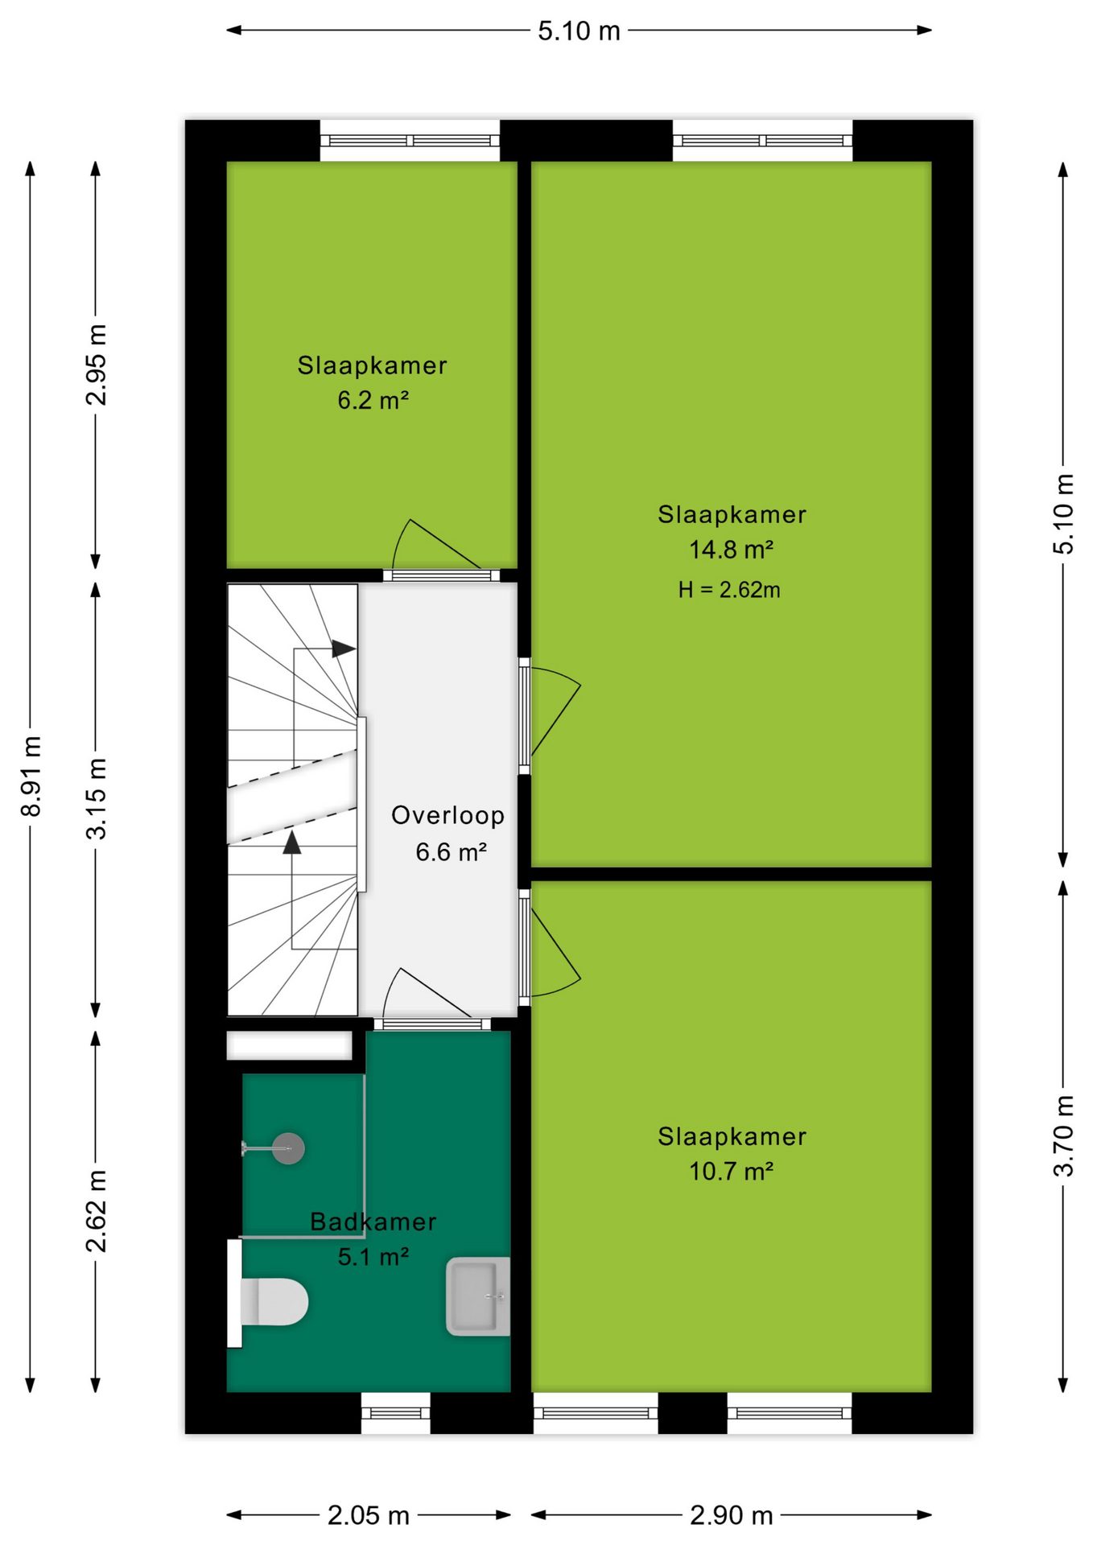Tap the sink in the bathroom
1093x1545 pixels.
pyautogui.click(x=478, y=1296)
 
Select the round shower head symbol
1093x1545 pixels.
pyautogui.click(x=287, y=1148)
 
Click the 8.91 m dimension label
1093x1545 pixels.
pyautogui.click(x=31, y=776)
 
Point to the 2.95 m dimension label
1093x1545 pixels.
pyautogui.click(x=96, y=365)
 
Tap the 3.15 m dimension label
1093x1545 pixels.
pyautogui.click(x=96, y=798)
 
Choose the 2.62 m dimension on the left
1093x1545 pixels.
pyautogui.click(x=96, y=1211)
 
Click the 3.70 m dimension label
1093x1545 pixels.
pyautogui.click(x=1063, y=1135)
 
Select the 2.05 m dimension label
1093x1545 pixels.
pyautogui.click(x=369, y=1515)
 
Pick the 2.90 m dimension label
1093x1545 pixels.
pyautogui.click(x=732, y=1515)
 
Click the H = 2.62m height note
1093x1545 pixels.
pyautogui.click(x=729, y=590)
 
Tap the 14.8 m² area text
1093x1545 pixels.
pyautogui.click(x=731, y=550)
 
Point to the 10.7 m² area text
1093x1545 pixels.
pyautogui.click(x=731, y=1171)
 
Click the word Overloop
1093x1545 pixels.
pyautogui.click(x=448, y=815)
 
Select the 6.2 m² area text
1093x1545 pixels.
pyautogui.click(x=373, y=400)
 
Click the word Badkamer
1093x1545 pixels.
pyautogui.click(x=373, y=1222)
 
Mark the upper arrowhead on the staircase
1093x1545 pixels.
pyautogui.click(x=344, y=649)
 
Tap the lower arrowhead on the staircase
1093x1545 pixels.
pyautogui.click(x=292, y=842)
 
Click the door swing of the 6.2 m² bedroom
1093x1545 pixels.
pyautogui.click(x=435, y=544)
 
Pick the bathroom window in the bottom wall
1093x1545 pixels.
pyautogui.click(x=395, y=1413)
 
